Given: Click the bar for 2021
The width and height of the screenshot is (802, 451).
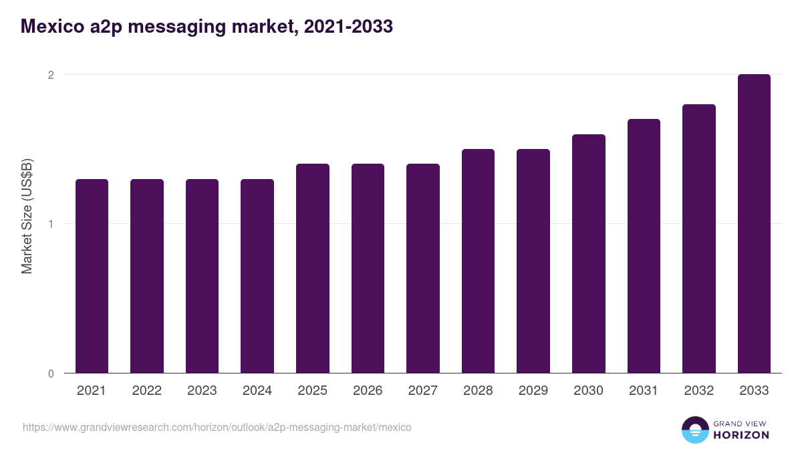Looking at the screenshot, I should (x=92, y=276).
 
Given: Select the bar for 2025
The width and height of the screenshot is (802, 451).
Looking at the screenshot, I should (x=313, y=268).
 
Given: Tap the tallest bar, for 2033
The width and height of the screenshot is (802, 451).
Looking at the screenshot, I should (x=754, y=224).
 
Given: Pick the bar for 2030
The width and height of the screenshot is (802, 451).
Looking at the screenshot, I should (x=588, y=254).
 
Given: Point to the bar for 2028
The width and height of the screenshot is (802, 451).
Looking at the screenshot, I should (x=478, y=261).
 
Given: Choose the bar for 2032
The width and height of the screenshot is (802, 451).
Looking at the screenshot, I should (x=698, y=239).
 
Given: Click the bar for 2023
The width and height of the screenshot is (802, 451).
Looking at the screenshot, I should (x=202, y=276).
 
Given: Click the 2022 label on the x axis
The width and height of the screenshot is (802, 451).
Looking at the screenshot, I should (x=146, y=391).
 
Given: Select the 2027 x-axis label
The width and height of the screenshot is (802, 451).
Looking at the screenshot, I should (x=422, y=391).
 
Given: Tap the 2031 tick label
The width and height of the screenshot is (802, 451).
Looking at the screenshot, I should (x=643, y=391).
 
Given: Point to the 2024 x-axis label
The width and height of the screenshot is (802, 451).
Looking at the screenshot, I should (x=257, y=391).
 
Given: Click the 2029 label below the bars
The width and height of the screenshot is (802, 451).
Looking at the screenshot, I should (x=533, y=391).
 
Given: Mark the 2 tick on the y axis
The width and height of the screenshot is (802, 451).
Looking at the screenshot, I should (x=50, y=75).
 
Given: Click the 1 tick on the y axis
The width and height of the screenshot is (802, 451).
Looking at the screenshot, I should (x=50, y=224).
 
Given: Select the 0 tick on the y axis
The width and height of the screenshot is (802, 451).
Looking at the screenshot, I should (x=50, y=373).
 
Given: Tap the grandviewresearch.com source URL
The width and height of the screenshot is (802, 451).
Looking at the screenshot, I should (x=217, y=427).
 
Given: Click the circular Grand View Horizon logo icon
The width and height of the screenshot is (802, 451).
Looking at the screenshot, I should (x=694, y=430).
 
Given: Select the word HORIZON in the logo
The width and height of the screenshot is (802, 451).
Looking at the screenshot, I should (x=742, y=435).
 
